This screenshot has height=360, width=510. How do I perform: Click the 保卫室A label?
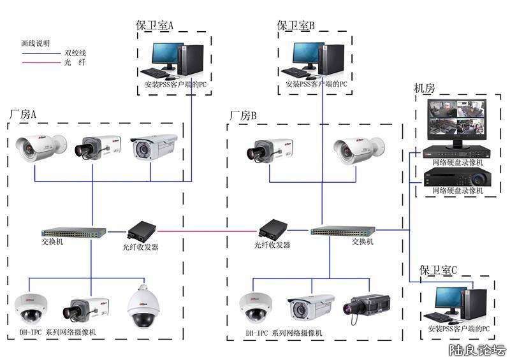pos(155,25)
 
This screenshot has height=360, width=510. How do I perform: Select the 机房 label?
pos(426,89)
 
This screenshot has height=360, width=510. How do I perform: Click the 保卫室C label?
pos(439,270)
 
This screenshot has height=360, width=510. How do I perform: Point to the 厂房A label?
pos(23,115)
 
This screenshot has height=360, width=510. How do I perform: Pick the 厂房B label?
pos(243,116)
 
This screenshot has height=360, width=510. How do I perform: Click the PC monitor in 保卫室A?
pos(167,56)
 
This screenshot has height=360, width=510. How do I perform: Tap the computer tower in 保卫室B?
pos(329,58)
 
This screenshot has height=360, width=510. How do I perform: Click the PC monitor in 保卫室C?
pos(449,299)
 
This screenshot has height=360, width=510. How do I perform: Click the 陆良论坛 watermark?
pos(477,350)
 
